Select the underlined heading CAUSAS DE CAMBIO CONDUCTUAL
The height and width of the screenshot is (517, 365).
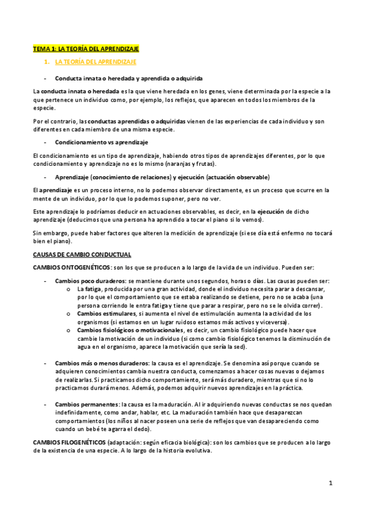click(82, 254)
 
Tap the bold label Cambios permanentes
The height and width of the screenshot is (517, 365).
click(87, 404)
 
